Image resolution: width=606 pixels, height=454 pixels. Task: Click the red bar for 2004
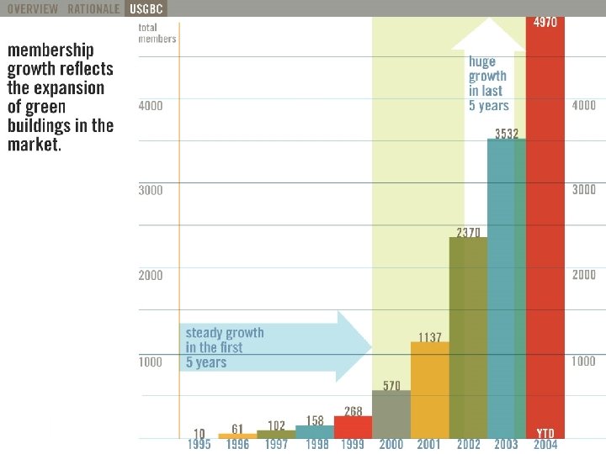point(545,227)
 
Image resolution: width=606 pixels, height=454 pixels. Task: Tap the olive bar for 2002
point(468,336)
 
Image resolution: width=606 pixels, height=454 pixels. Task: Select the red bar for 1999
point(353,426)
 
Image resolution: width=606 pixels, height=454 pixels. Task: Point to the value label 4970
point(545,23)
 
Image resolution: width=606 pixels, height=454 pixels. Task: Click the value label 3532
point(507,133)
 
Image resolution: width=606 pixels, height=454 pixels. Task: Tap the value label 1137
point(429,337)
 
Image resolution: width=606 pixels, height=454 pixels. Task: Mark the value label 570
point(391,386)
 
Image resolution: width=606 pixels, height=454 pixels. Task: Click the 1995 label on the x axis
point(199,445)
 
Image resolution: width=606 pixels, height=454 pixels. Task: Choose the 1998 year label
point(315,445)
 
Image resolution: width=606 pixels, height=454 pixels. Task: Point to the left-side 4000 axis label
point(151,106)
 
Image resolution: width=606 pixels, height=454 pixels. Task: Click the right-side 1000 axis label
point(583,362)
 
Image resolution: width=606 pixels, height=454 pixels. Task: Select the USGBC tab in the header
point(146,8)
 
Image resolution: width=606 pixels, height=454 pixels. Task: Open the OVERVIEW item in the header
point(33,8)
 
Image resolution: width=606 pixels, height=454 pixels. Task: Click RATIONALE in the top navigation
point(93,8)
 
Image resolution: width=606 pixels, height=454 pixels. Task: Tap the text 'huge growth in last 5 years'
point(489,83)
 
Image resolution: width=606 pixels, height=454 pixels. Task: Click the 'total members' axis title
point(157,33)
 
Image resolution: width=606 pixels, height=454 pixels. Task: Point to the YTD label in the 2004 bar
point(545,433)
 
